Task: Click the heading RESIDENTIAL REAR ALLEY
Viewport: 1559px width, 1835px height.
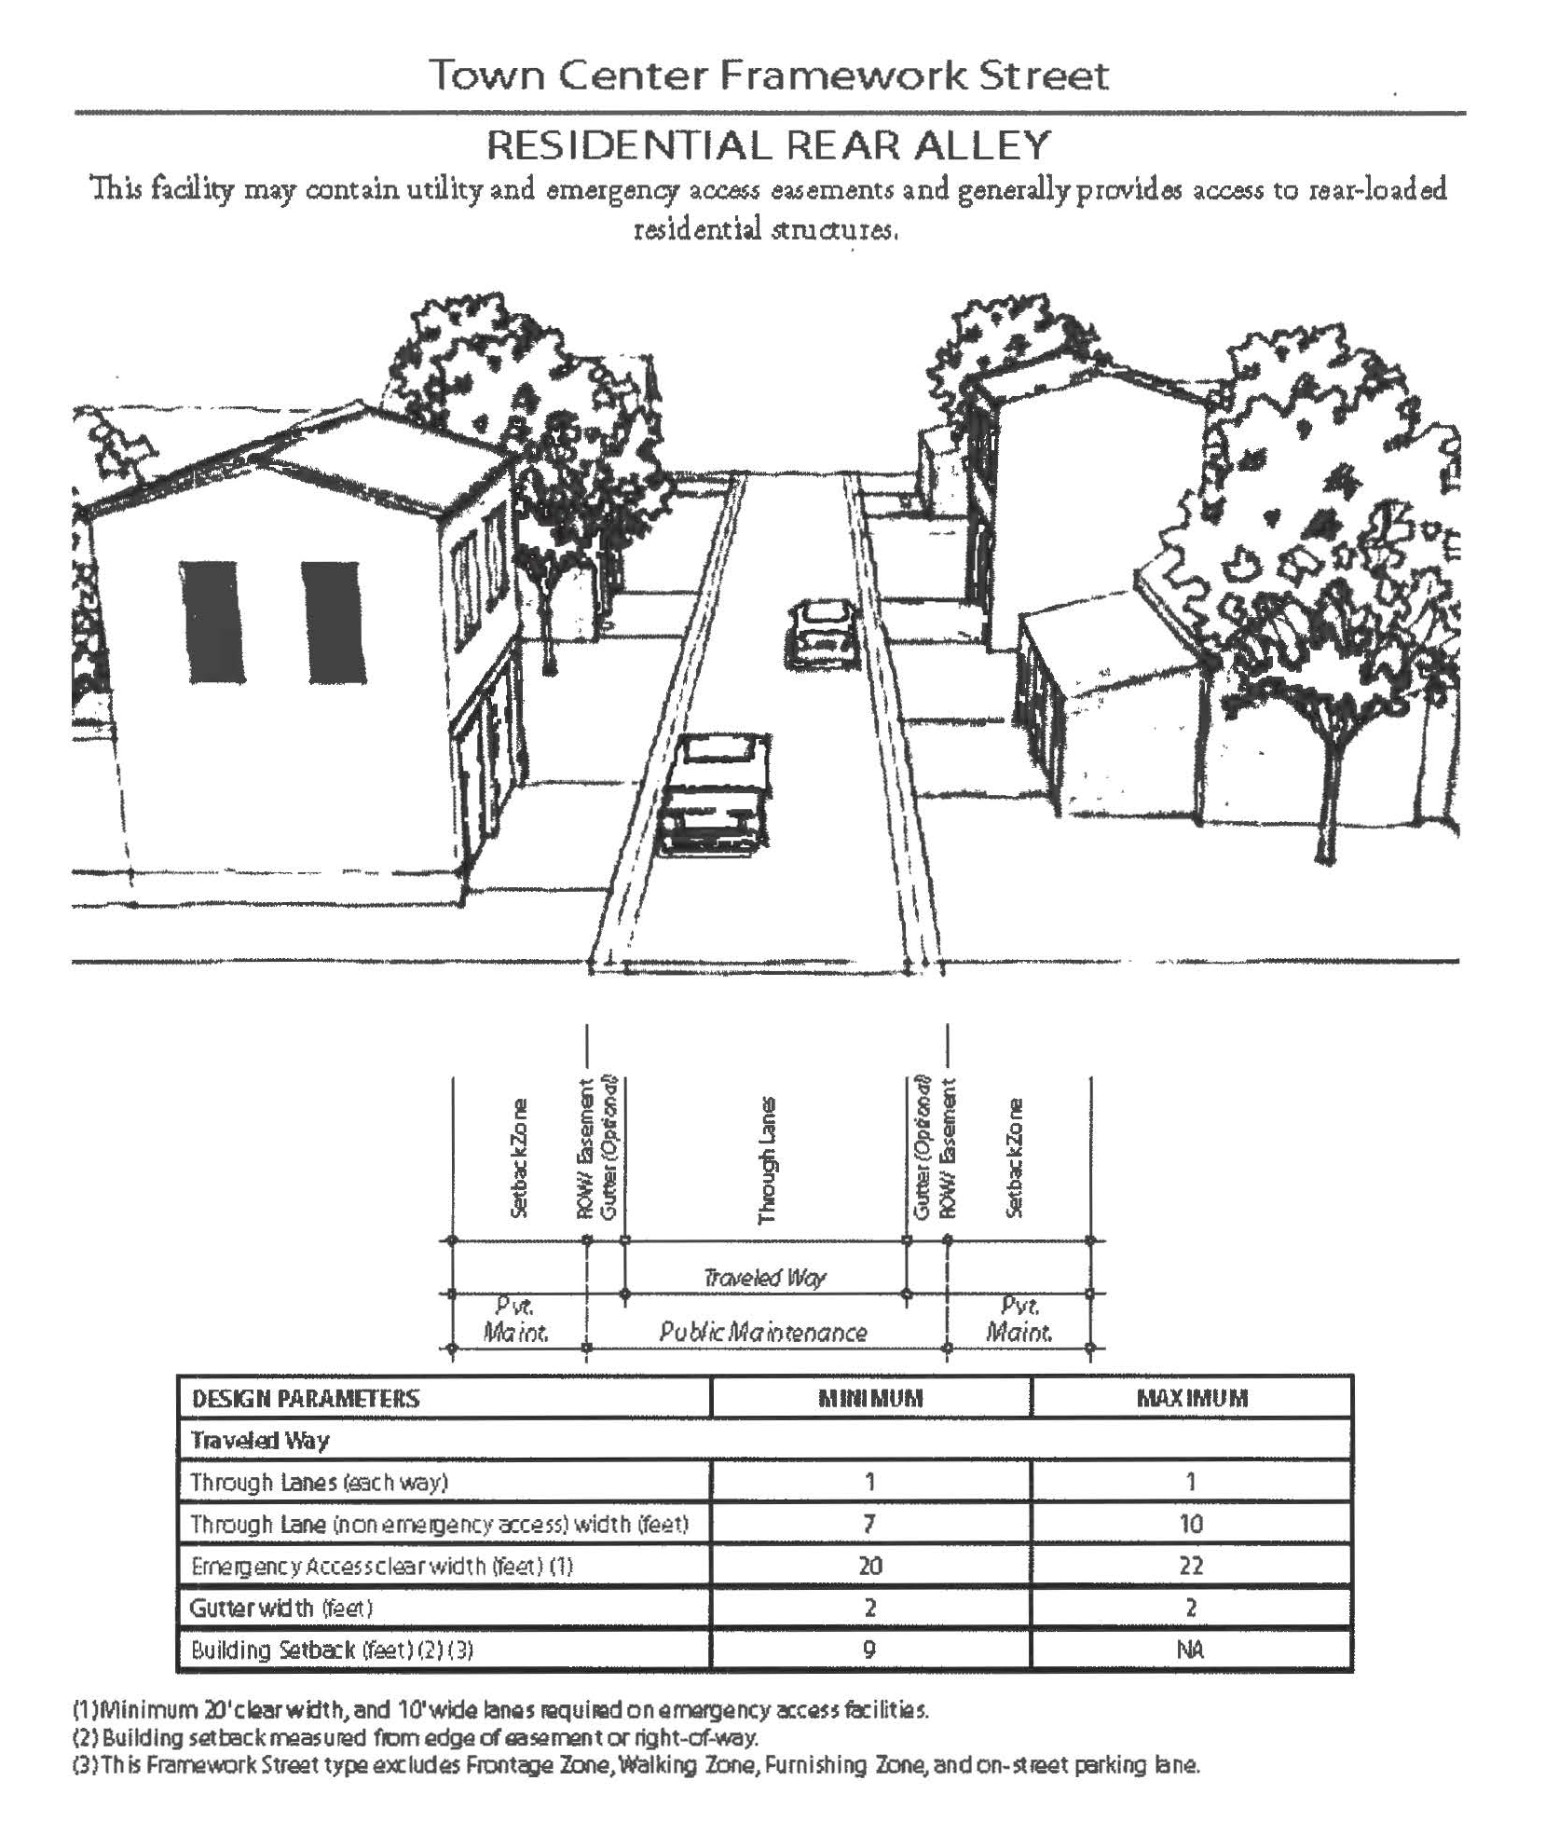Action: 769,145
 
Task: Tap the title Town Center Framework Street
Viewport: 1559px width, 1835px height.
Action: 769,75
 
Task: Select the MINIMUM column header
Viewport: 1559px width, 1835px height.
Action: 870,1398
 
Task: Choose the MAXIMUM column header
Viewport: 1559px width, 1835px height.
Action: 1192,1398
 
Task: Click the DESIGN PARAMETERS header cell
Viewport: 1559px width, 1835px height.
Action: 306,1398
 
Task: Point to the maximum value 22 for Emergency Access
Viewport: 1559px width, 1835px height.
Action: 1192,1566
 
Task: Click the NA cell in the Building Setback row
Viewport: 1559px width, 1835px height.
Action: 1191,1650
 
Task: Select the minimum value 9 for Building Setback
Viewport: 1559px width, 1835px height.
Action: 869,1650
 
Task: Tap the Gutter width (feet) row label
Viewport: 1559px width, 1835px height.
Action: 281,1608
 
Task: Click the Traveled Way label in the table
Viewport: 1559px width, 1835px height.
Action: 260,1440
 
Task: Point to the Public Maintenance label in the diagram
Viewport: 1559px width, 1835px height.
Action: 763,1332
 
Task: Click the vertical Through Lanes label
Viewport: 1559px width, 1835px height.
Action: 767,1160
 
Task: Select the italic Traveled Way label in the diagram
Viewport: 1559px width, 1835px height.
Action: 764,1277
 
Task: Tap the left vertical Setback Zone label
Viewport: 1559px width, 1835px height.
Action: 520,1158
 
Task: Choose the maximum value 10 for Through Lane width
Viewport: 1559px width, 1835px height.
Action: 1192,1524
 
